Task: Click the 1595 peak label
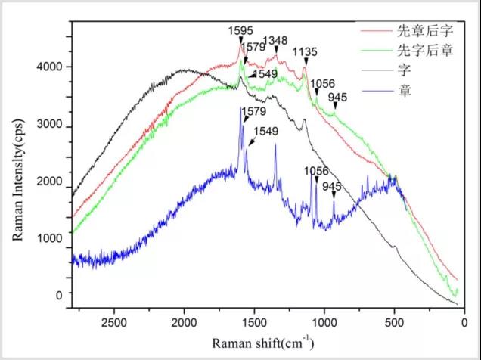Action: pyautogui.click(x=240, y=31)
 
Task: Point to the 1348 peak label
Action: pyautogui.click(x=275, y=40)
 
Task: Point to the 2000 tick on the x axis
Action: pyautogui.click(x=184, y=321)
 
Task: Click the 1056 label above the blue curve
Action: pyautogui.click(x=316, y=171)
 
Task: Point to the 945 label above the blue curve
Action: pyautogui.click(x=332, y=186)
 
